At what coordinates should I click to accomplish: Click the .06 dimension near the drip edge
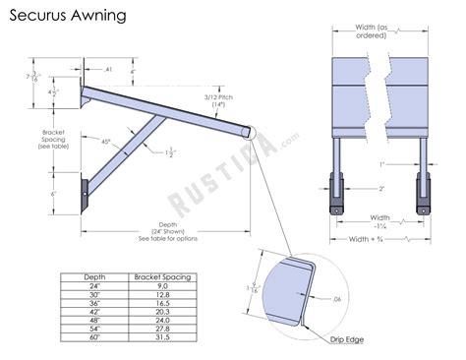coord(337,299)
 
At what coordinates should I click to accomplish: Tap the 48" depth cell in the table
coord(94,321)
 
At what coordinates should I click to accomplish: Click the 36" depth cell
coord(94,304)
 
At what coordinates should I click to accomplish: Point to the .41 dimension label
coord(109,70)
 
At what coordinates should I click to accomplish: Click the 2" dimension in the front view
coord(380,187)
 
